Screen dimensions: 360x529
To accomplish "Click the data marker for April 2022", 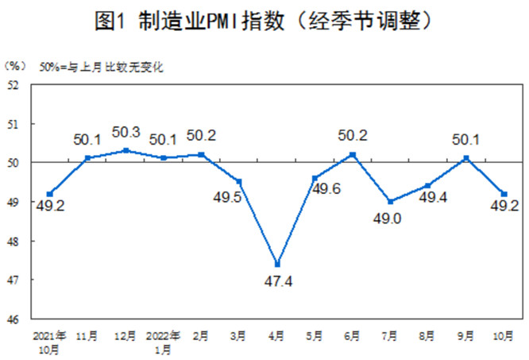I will [x=276, y=264].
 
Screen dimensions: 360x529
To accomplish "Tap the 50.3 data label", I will [x=125, y=132].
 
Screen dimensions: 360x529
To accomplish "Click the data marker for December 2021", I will [x=125, y=150].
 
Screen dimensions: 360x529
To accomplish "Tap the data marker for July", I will [x=389, y=201].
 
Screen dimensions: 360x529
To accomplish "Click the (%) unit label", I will [x=15, y=64].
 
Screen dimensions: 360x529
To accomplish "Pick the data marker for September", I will [x=465, y=158].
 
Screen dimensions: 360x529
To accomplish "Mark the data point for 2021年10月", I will [x=50, y=193].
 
